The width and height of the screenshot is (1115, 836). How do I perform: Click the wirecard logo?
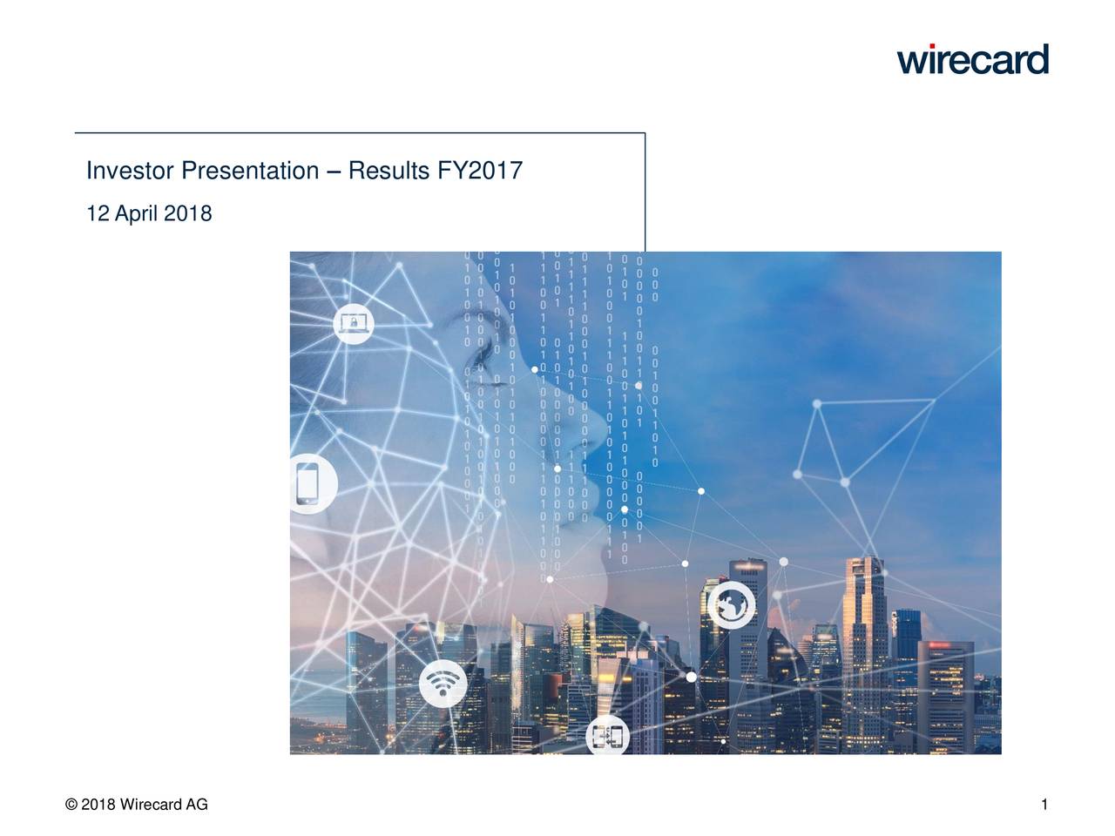972,59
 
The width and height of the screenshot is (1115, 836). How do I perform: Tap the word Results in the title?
389,172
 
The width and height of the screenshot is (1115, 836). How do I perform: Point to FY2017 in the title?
480,172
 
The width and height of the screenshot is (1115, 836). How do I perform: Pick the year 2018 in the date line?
187,214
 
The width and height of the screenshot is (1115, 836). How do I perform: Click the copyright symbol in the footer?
71,805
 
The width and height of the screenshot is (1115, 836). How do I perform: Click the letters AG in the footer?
197,805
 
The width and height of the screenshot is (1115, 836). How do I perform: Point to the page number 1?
1044,805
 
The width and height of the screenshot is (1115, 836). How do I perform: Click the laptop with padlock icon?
354,324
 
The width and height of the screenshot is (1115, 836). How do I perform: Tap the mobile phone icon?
307,483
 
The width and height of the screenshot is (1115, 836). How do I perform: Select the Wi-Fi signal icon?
443,685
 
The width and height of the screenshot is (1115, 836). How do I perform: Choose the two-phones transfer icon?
608,738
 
